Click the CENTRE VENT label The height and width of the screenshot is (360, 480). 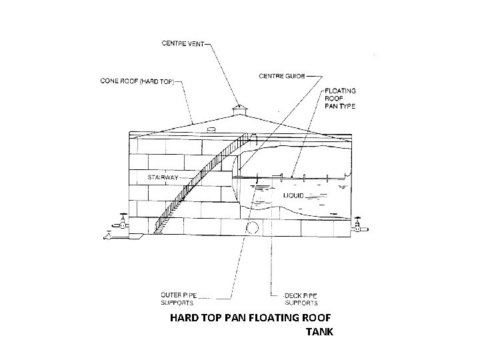(x=183, y=45)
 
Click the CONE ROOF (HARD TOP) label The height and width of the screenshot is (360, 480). (x=135, y=82)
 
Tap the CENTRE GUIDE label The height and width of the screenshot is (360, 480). (x=281, y=75)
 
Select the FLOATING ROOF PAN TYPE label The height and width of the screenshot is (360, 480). (x=339, y=99)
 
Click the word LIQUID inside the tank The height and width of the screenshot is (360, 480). (x=294, y=196)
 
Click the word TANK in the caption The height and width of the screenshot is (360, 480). (x=319, y=331)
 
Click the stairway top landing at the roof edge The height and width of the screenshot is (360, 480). (x=251, y=137)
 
